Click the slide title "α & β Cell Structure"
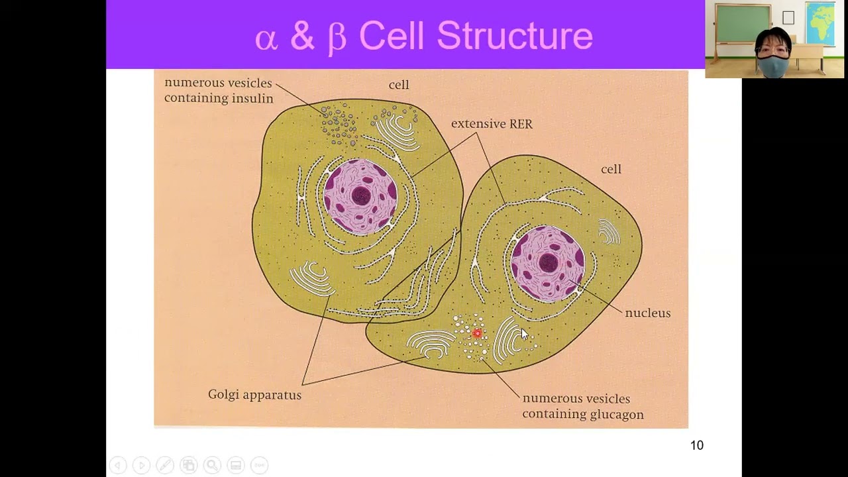tap(423, 36)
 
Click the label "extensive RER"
tap(492, 124)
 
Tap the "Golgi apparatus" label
tap(254, 395)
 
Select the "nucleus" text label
tap(647, 313)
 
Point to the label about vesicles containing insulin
tap(218, 91)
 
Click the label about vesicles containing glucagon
tap(582, 406)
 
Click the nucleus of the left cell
tap(360, 197)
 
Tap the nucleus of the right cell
tap(547, 263)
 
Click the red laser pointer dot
tap(477, 333)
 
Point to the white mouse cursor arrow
tap(524, 334)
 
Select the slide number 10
tap(696, 445)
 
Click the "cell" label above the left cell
tap(399, 85)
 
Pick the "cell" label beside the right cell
tap(611, 169)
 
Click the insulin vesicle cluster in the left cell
tap(339, 124)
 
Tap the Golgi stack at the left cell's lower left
tap(311, 278)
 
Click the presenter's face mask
tap(773, 66)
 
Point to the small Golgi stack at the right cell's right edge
tap(608, 232)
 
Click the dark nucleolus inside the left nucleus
tap(361, 195)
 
